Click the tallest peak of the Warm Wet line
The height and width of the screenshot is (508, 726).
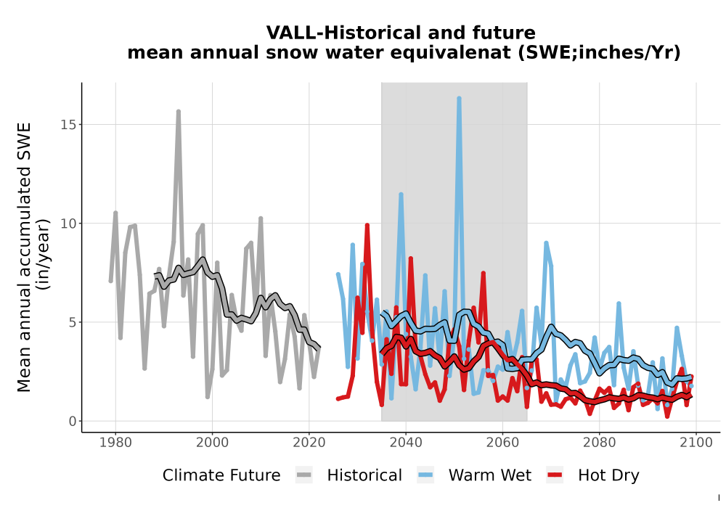pyautogui.click(x=459, y=99)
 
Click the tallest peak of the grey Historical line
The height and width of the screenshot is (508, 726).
pyautogui.click(x=179, y=112)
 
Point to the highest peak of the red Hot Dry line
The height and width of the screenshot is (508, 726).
pyautogui.click(x=367, y=226)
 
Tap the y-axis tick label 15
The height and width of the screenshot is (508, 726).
pyautogui.click(x=68, y=125)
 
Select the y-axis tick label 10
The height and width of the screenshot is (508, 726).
pyautogui.click(x=68, y=224)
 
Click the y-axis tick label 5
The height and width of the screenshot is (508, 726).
pyautogui.click(x=72, y=322)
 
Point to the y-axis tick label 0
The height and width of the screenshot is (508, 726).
pyautogui.click(x=72, y=422)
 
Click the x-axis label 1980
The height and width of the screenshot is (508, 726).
pyautogui.click(x=115, y=443)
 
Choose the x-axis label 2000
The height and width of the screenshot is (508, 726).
pyautogui.click(x=213, y=443)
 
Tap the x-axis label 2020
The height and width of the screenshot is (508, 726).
pyautogui.click(x=309, y=443)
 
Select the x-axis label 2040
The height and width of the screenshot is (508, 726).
pyautogui.click(x=406, y=443)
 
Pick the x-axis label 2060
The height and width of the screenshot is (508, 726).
pyautogui.click(x=502, y=443)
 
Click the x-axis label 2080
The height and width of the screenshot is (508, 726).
pyautogui.click(x=599, y=443)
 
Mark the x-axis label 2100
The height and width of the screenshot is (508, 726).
pyautogui.click(x=696, y=443)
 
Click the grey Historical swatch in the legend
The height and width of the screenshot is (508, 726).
pyautogui.click(x=303, y=475)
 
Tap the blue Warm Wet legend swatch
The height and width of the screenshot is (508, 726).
pyautogui.click(x=425, y=475)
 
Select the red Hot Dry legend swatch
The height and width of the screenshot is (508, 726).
pyautogui.click(x=555, y=475)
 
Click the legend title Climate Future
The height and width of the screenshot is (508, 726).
pyautogui.click(x=221, y=475)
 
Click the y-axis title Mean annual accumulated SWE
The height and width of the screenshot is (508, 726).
pyautogui.click(x=24, y=257)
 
